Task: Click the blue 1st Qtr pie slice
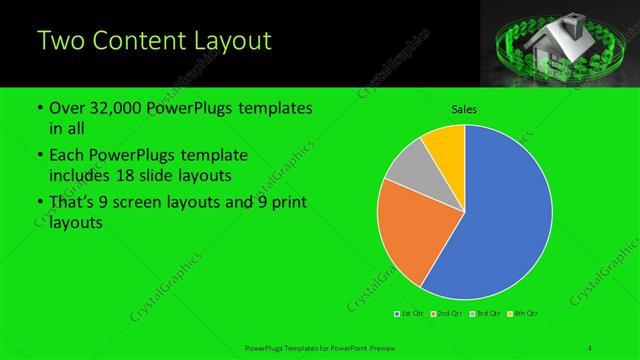point(500,220)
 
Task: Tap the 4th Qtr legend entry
point(524,315)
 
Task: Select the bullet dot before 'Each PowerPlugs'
point(38,156)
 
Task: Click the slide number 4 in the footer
point(590,348)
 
